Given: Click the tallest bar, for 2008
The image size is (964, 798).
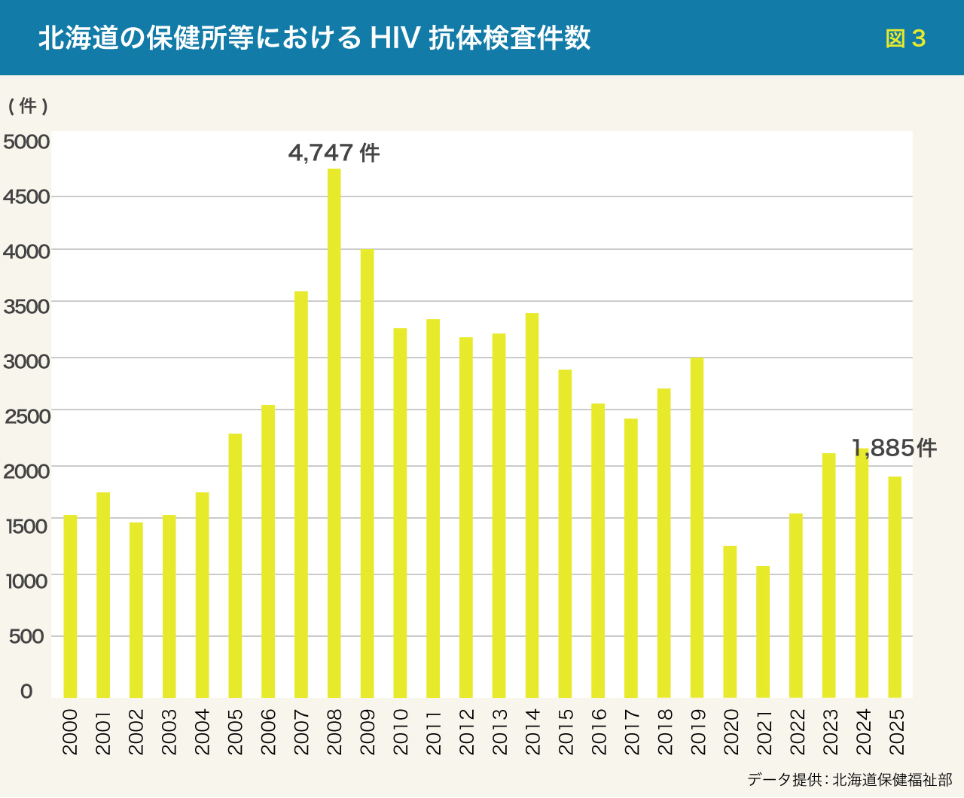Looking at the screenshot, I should tap(334, 433).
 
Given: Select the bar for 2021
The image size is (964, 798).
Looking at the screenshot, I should tap(763, 632).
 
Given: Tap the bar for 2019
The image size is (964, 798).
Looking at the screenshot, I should tap(697, 528).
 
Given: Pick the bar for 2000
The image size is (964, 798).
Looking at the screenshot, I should tap(70, 606).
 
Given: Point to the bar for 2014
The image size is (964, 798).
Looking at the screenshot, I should tap(532, 505).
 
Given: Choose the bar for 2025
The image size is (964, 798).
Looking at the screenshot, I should tap(895, 586).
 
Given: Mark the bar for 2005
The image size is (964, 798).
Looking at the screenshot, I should tap(235, 565).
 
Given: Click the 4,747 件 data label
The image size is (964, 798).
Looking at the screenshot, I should tap(334, 153).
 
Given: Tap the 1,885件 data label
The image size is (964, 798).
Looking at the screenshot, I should tap(894, 449).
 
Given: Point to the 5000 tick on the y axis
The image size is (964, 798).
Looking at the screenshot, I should tap(26, 142).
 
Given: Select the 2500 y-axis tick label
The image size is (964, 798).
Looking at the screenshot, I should tap(26, 416).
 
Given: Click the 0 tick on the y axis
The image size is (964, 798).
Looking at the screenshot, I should tap(26, 691).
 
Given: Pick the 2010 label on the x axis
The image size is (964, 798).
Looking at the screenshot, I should tap(400, 731).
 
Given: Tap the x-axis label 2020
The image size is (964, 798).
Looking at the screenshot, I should tap(730, 731).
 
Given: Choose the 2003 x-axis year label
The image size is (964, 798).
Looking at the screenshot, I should tap(169, 731).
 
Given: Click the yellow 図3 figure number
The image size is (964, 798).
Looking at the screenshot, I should tap(905, 38).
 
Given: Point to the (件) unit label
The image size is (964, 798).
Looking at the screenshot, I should tap(28, 106).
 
